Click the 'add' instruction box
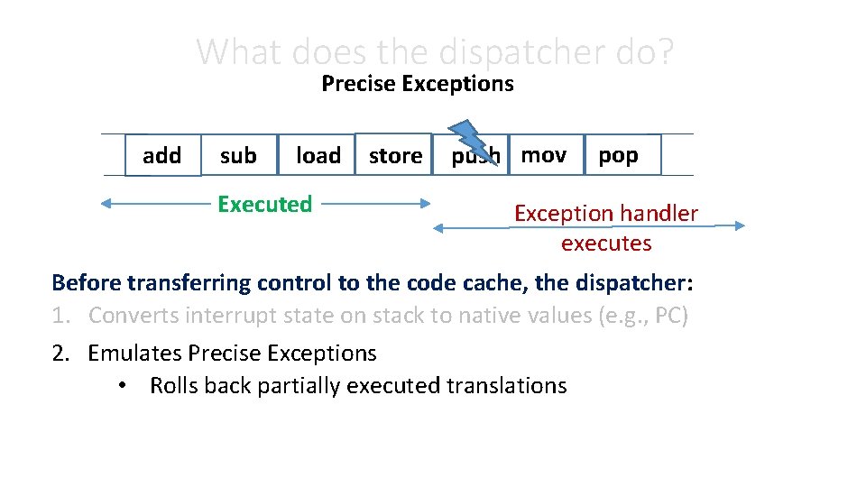coord(162,155)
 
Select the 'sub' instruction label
coord(238,156)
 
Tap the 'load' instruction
coord(318,156)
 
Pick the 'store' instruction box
coord(395,156)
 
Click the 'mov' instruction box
coord(544,155)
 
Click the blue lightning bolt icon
coord(468,141)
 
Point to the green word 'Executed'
coord(264,204)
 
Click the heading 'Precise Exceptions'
coord(417,84)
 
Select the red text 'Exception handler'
coord(605,214)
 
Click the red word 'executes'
coord(605,243)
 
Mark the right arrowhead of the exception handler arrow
coord(739,225)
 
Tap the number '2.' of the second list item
coord(62,353)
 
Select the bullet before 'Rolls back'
coord(121,386)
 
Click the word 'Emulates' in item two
coord(134,353)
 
